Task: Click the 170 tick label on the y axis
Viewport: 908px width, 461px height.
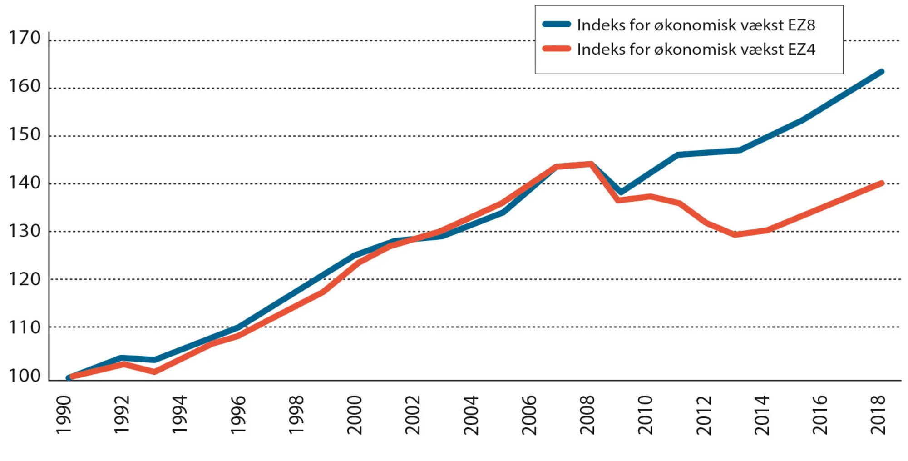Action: pos(25,38)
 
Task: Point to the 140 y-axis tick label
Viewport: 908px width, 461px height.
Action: pos(25,183)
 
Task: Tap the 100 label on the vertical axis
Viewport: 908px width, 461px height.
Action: pos(25,376)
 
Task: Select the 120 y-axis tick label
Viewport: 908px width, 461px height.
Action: pos(25,279)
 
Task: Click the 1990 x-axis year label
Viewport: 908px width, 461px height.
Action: pos(64,415)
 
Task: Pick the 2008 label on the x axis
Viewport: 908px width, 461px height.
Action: pos(587,415)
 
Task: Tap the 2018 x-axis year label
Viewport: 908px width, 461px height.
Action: pos(878,415)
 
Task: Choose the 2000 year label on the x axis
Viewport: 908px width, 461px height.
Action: pos(355,415)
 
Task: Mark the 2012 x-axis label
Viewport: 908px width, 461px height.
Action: pos(704,415)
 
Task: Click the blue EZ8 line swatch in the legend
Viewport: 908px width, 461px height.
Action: pos(556,25)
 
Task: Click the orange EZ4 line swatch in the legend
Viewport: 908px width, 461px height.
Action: pos(556,49)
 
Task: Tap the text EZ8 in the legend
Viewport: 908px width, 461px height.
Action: pos(801,25)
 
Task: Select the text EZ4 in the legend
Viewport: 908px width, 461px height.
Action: pos(801,50)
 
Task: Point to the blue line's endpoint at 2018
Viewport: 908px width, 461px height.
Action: pos(881,72)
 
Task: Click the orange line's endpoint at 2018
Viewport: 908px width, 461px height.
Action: pos(881,183)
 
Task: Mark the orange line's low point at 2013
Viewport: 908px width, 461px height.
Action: pos(735,234)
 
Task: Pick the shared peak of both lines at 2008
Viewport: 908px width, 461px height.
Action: pos(591,164)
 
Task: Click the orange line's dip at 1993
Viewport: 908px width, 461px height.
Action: pos(154,372)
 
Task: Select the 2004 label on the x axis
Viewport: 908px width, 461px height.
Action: pos(471,415)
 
